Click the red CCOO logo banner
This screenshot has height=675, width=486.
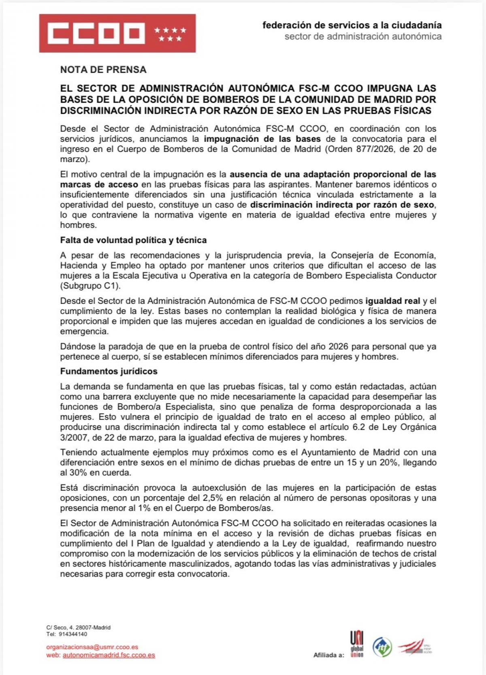117,33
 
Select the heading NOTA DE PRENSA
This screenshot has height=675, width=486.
103,70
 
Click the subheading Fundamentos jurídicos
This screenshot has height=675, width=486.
109,371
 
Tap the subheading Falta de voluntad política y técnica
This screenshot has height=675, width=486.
133,240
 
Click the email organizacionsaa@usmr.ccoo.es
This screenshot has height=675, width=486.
92,647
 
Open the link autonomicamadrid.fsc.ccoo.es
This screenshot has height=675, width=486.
109,655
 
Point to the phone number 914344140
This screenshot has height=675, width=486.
73,634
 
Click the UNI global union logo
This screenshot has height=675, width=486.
356,644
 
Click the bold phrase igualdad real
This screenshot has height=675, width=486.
392,301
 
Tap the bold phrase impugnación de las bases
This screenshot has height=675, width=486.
262,139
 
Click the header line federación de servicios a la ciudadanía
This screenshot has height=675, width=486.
352,25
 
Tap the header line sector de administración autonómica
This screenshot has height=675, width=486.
363,36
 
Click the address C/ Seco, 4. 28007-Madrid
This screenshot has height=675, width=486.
78,627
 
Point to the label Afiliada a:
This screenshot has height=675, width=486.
328,655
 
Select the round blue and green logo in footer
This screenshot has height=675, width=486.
382,647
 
